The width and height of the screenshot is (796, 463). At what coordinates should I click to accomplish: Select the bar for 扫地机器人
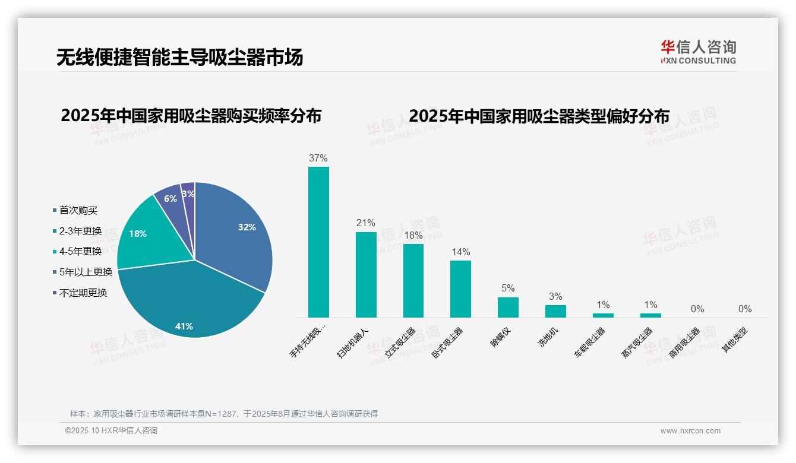tap(366, 275)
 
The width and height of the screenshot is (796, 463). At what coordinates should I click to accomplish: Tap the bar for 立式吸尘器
tap(413, 281)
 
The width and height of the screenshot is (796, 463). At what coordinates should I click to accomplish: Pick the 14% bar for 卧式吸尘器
tap(460, 289)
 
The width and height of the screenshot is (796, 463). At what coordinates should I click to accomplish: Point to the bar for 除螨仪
tap(508, 307)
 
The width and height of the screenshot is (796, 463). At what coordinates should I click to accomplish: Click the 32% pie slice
tap(232, 231)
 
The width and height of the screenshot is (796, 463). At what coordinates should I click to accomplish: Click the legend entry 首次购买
tap(78, 210)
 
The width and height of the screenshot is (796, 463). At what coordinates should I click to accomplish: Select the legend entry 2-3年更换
tap(80, 231)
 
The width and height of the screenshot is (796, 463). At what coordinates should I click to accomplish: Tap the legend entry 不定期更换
tap(83, 293)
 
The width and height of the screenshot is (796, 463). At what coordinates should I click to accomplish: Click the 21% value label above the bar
tap(366, 223)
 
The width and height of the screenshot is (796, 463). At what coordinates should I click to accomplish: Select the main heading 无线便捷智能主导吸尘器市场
tap(180, 57)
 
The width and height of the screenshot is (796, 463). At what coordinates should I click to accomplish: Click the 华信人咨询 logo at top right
tap(699, 52)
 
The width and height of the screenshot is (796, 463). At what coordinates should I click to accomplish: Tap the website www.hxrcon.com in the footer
tap(690, 431)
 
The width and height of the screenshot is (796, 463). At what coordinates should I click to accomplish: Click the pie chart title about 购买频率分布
tap(191, 116)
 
